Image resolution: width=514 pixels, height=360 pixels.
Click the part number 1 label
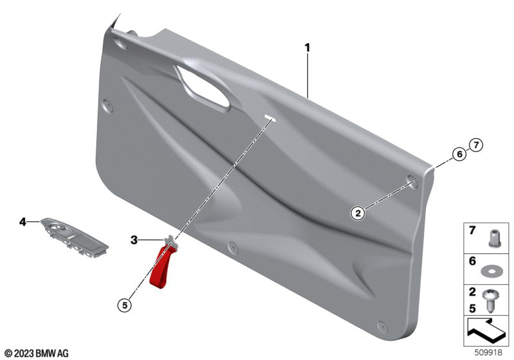(x=308, y=48)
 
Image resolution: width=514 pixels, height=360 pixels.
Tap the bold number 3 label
(x=134, y=240)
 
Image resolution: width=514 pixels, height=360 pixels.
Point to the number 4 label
(x=22, y=222)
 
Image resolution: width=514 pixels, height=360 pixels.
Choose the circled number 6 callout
(x=459, y=154)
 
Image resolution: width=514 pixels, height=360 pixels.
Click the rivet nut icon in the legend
(x=492, y=235)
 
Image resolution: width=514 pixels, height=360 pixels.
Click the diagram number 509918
(x=490, y=353)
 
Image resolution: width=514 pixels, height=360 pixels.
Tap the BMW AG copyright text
(x=37, y=353)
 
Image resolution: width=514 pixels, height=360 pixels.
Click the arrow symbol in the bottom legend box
(x=486, y=333)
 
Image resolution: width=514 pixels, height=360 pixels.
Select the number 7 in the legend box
(x=471, y=231)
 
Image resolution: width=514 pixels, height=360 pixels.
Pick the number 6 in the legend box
(x=471, y=261)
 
